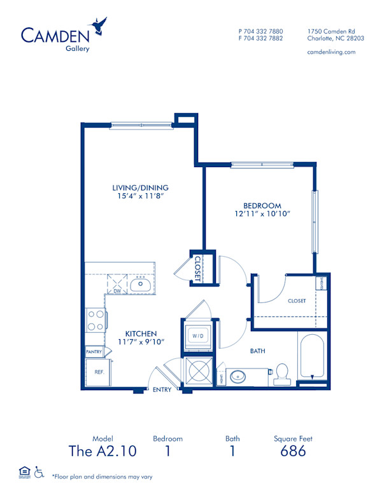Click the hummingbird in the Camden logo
coord(99,25)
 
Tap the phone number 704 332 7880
coord(264,31)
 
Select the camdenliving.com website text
coord(331,52)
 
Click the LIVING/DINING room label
coord(141,187)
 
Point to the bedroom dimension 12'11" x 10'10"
coord(262,214)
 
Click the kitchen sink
coord(139,285)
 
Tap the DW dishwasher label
coord(117,291)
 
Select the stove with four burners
coord(95,320)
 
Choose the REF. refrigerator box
coord(98,372)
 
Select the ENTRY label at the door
coord(162,389)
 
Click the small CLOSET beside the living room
coord(197,267)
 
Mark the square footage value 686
coord(293,451)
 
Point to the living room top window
coord(141,125)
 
